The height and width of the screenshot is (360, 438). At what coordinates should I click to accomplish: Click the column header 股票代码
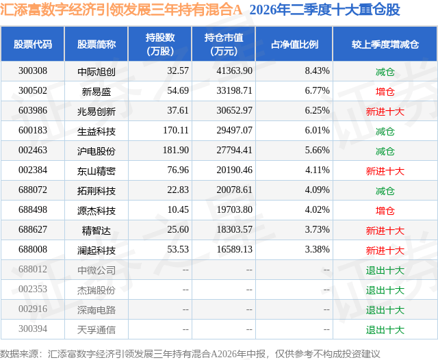pos(33,44)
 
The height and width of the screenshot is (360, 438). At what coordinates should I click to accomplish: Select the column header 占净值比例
pos(294,44)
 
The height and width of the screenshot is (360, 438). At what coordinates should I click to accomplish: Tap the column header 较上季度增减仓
pos(385,44)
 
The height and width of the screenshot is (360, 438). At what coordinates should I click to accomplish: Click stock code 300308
pos(33,70)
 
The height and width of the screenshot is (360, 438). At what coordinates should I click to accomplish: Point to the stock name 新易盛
pos(96,91)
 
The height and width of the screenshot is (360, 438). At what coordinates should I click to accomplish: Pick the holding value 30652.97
pos(234,110)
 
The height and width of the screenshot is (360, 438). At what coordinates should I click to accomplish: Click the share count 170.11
pos(176,130)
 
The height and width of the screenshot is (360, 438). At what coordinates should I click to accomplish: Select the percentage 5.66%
pos(317,150)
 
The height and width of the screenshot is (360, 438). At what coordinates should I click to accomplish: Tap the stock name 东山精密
pos(96,170)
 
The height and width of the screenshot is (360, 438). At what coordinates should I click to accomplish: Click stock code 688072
pos(33,190)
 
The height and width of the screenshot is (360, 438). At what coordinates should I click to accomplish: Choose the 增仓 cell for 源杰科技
pos(385,210)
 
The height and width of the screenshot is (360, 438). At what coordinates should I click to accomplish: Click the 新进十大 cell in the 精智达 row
pos(385,230)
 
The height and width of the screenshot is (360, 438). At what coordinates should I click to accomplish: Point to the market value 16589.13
pos(235,249)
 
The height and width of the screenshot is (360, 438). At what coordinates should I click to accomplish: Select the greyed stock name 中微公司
pos(96,270)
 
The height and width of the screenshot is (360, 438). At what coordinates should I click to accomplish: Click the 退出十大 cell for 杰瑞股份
pos(385,290)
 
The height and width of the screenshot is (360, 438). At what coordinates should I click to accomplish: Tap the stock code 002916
pos(33,309)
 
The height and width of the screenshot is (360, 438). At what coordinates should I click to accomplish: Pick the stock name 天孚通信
pos(96,329)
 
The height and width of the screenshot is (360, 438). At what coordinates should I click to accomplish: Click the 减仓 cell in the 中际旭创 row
pos(385,71)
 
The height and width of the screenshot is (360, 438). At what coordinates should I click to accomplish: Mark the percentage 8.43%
pos(317,70)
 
